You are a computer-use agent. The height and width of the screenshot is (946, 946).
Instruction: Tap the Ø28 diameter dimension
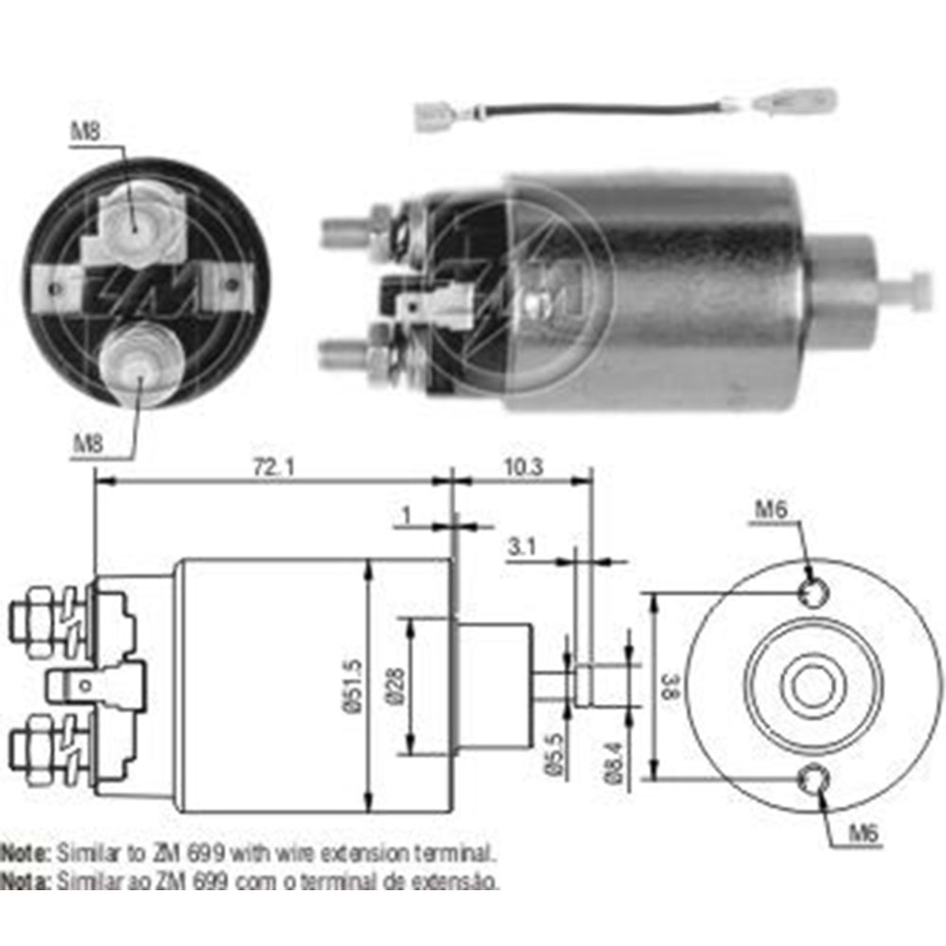pyautogui.click(x=394, y=685)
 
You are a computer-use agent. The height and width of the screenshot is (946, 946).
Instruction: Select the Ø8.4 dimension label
pyautogui.click(x=615, y=763)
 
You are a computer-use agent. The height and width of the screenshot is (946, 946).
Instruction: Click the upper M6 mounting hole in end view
pyautogui.click(x=813, y=591)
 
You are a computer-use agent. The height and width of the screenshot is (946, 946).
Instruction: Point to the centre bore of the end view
pyautogui.click(x=813, y=685)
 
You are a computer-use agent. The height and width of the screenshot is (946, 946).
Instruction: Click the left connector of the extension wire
pyautogui.click(x=434, y=117)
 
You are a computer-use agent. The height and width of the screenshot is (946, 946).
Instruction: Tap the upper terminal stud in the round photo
pyautogui.click(x=132, y=220)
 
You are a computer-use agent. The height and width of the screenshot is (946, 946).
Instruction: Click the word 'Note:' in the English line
pyautogui.click(x=26, y=852)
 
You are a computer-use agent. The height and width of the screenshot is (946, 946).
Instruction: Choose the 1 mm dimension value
pyautogui.click(x=406, y=515)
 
